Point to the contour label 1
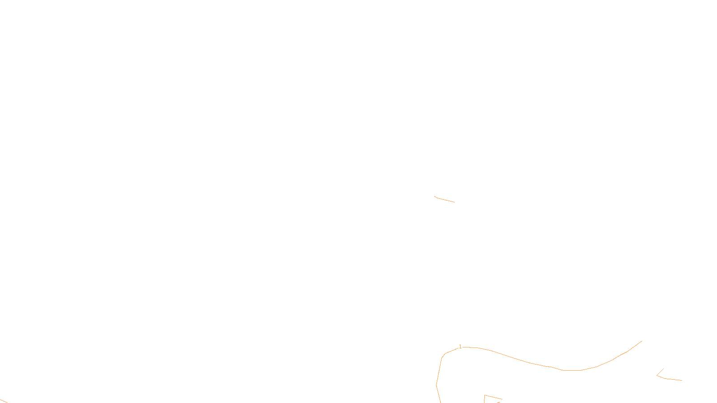coord(460,347)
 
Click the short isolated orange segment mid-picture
coord(445,200)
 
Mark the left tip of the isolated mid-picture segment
coord(435,196)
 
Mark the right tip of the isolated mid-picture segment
coord(454,202)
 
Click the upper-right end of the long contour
coord(642,341)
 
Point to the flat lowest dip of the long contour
coord(572,370)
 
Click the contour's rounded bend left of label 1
coord(443,356)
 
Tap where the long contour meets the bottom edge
coord(441,402)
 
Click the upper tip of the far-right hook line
coord(663,369)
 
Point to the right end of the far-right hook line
coord(682,380)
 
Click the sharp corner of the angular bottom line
coord(484,395)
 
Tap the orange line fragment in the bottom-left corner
coord(4,401)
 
